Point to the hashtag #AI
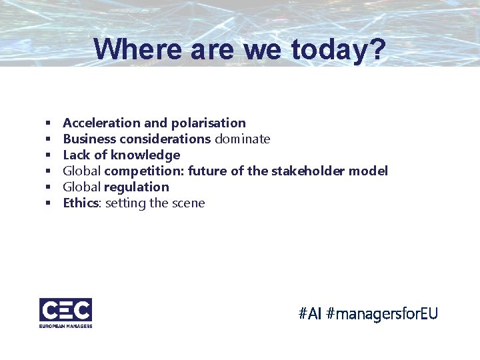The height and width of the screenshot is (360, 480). (x=311, y=313)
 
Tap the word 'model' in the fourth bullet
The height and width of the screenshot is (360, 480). (x=369, y=171)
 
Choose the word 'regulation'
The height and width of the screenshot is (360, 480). (x=137, y=187)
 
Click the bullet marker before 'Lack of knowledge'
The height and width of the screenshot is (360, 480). (x=49, y=155)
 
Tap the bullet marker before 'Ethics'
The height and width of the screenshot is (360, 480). (x=49, y=203)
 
